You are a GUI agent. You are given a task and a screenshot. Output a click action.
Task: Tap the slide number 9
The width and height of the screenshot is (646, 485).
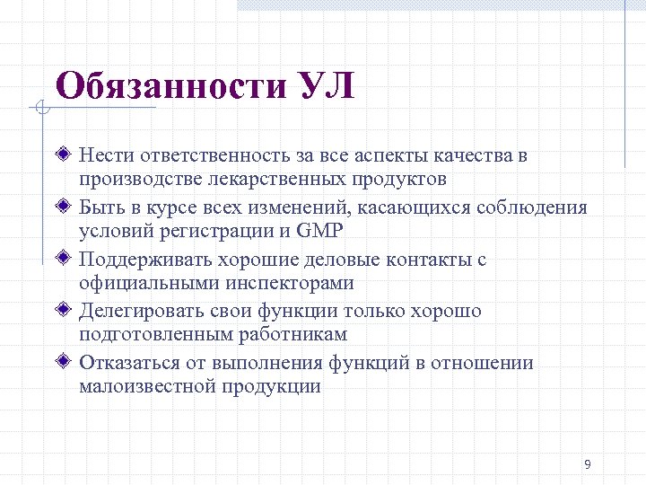pos(587,464)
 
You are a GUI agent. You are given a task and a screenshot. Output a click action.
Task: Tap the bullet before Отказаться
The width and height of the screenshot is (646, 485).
pos(61,363)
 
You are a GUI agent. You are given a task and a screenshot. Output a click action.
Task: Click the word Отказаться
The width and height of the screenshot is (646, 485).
pos(127,364)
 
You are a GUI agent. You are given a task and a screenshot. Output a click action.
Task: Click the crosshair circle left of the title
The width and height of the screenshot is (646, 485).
pos(39,110)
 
